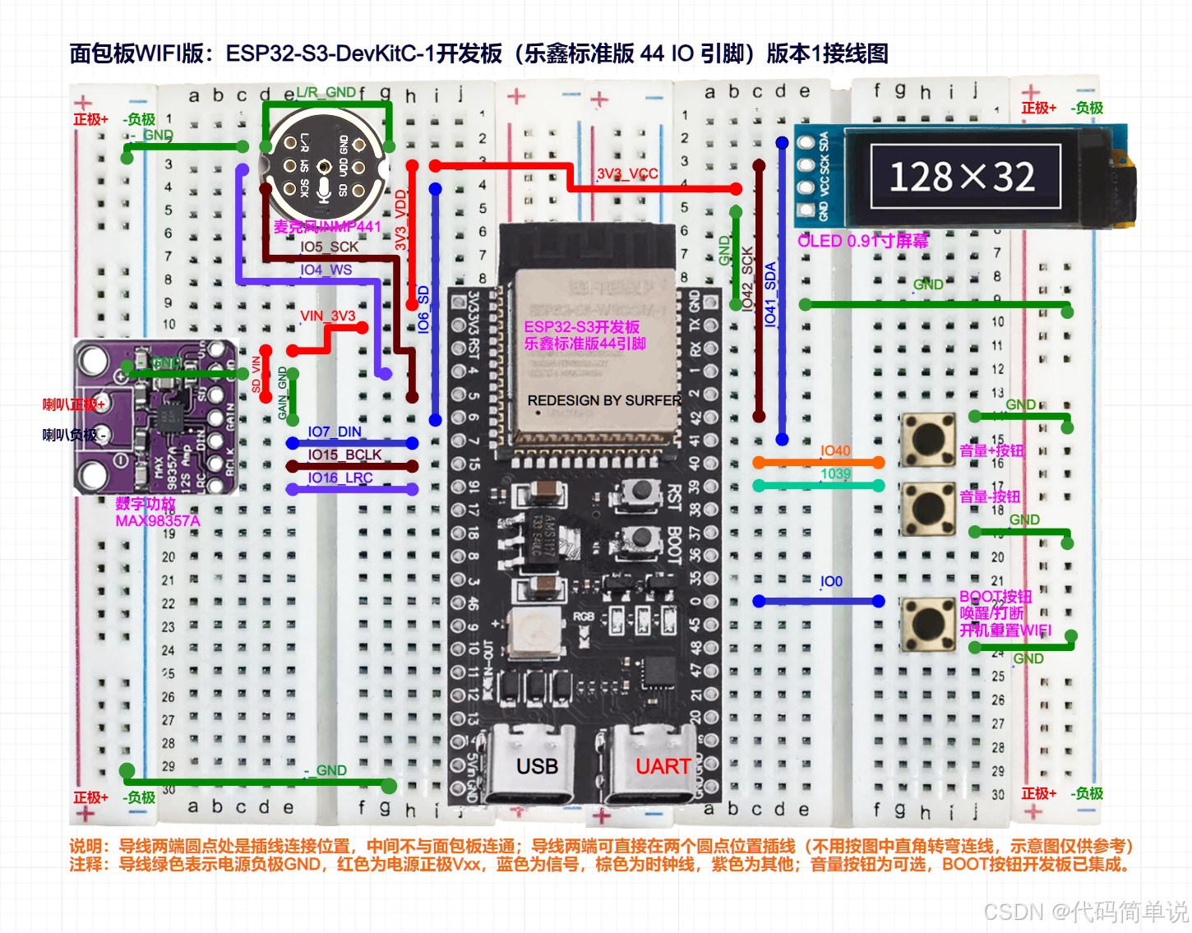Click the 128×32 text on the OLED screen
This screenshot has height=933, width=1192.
(962, 177)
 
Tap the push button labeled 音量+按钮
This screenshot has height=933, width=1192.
(928, 440)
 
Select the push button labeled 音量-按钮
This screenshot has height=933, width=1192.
(928, 508)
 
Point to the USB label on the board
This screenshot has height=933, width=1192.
(537, 766)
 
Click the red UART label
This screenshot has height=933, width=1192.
(663, 766)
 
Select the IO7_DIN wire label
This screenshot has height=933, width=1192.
(335, 432)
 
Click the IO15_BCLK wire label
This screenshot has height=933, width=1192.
(344, 455)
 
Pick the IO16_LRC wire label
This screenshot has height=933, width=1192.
(340, 478)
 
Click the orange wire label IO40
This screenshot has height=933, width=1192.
(835, 450)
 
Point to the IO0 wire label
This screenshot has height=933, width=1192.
(831, 581)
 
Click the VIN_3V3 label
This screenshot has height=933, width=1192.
(327, 316)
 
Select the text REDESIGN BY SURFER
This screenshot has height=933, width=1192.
(604, 400)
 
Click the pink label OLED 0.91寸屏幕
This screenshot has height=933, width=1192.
(862, 241)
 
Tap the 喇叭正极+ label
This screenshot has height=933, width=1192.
(74, 404)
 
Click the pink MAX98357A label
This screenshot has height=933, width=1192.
(157, 521)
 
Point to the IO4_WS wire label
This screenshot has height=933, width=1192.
(326, 270)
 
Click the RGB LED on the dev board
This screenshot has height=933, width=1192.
(534, 634)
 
